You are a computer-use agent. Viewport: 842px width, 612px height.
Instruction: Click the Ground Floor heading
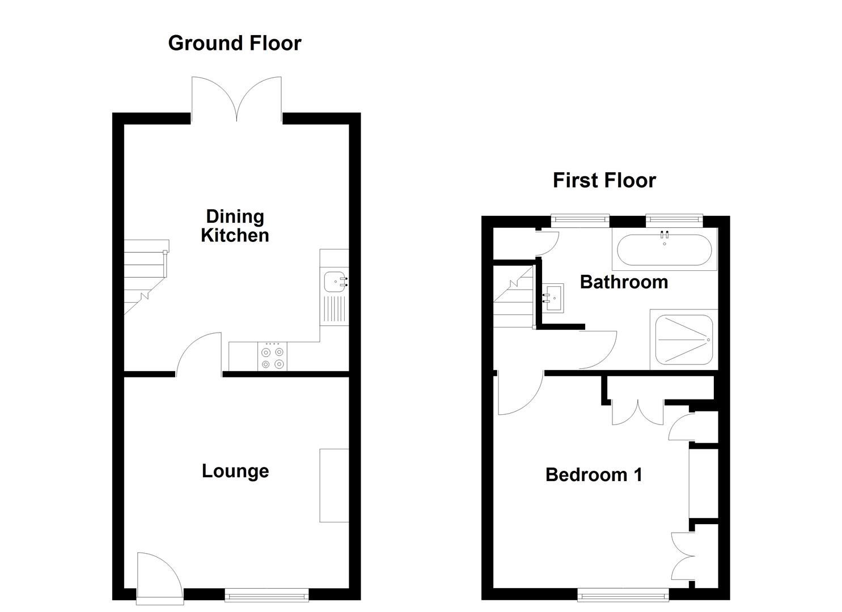click(235, 43)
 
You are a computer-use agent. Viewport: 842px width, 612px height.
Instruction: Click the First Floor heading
click(604, 180)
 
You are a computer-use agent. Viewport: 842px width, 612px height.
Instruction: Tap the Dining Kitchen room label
click(235, 226)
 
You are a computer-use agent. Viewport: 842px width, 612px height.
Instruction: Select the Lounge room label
click(235, 471)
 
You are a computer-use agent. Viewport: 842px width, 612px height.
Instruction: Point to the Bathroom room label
click(624, 282)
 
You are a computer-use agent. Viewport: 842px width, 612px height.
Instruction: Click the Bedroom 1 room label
click(594, 474)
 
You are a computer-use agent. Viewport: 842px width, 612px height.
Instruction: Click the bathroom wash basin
click(553, 297)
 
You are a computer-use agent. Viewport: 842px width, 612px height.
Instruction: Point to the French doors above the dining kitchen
click(236, 100)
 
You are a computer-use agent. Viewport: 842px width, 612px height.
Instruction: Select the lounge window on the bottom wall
click(266, 594)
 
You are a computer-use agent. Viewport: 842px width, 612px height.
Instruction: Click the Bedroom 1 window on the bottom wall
click(623, 594)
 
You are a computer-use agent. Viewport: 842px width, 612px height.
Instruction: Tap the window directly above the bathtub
click(674, 220)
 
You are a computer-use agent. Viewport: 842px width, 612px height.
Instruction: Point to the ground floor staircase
click(145, 277)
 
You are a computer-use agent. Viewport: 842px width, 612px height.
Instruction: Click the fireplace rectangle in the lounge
click(334, 485)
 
